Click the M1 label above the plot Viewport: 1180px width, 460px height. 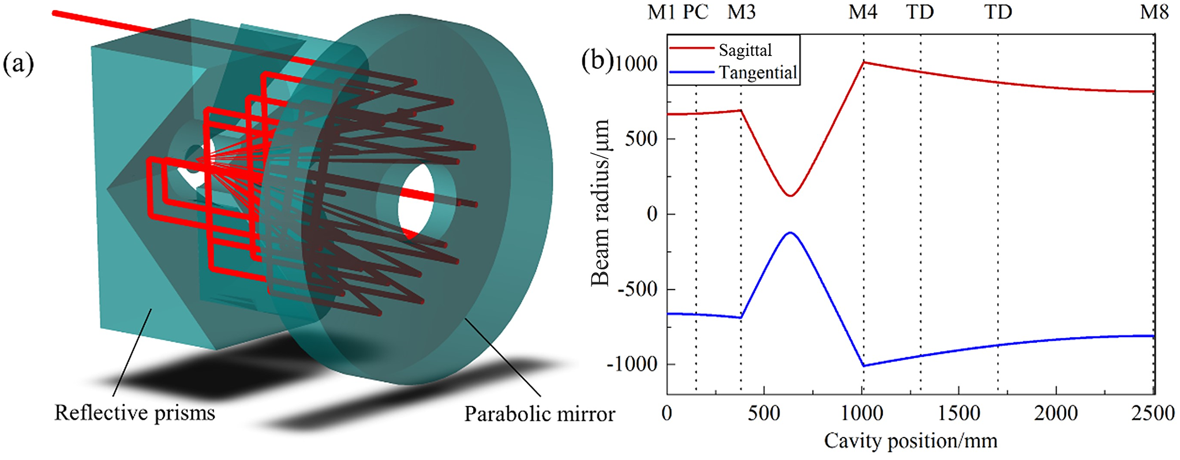661,12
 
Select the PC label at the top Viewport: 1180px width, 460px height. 695,12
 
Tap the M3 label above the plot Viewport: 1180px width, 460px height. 741,12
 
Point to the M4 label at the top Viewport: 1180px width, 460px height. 863,12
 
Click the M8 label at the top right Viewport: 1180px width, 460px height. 1154,12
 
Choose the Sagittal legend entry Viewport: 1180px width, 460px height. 745,50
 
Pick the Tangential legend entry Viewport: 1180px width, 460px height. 758,73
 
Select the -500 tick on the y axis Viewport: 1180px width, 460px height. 638,289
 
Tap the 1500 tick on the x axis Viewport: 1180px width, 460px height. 958,413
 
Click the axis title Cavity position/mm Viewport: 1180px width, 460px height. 910,441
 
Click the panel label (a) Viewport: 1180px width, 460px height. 18,63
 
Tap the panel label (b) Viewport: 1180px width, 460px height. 596,61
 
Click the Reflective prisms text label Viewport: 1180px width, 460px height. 134,413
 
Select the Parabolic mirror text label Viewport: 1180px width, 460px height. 540,414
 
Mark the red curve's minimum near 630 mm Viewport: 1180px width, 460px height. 790,196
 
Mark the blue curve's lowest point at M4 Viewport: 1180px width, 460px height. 863,366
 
